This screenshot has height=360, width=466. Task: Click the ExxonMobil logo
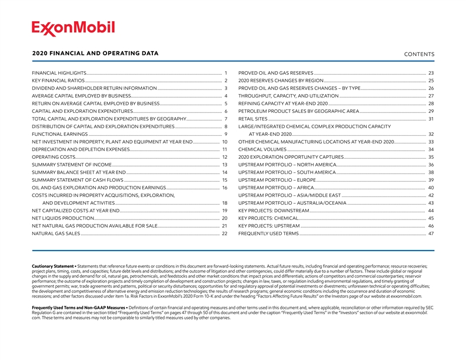(x=73, y=28)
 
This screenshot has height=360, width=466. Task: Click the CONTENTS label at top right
(x=420, y=55)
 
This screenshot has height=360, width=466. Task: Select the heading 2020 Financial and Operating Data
(x=95, y=54)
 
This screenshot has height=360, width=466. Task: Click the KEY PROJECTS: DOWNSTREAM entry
(x=274, y=211)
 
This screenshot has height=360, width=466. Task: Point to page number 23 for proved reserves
(x=431, y=72)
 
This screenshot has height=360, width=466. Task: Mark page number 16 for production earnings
(x=225, y=188)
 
